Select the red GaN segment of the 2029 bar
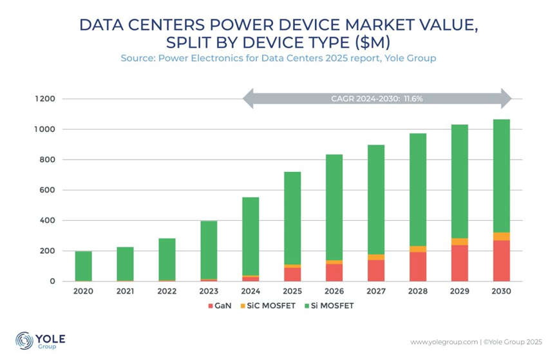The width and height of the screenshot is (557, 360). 459,263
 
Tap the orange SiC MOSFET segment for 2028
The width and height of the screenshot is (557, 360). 417,249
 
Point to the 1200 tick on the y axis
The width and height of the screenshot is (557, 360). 47,99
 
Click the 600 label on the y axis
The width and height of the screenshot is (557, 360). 50,190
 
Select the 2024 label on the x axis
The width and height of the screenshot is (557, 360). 250,291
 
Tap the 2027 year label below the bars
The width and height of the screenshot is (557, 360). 375,291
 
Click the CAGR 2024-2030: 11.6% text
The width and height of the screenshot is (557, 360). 376,99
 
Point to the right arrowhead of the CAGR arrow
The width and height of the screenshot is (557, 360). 505,99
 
